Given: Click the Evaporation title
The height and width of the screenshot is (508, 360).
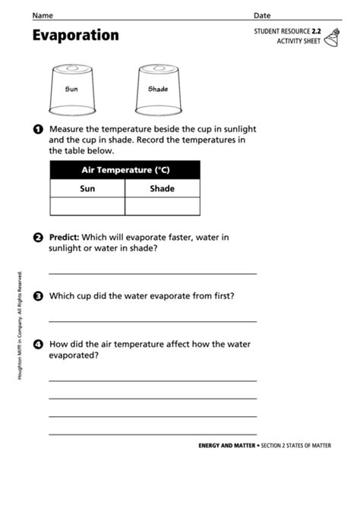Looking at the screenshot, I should click(x=75, y=36).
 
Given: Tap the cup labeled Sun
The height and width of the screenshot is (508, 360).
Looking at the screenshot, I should click(x=71, y=88).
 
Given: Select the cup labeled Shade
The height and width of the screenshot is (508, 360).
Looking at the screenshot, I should click(x=157, y=88).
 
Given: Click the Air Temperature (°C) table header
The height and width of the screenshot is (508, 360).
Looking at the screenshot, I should click(x=125, y=170).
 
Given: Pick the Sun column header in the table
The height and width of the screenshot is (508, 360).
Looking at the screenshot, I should click(x=87, y=188).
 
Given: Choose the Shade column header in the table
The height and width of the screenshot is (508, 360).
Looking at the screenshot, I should click(x=162, y=188).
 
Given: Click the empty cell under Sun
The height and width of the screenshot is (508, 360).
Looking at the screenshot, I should click(x=87, y=206).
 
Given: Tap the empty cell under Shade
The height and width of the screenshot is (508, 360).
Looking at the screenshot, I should click(x=162, y=206).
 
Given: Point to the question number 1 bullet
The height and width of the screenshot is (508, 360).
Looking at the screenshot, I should click(x=38, y=129).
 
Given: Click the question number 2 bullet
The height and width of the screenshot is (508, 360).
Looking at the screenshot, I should click(x=38, y=238).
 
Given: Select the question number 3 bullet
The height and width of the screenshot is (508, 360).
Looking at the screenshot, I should click(x=38, y=296).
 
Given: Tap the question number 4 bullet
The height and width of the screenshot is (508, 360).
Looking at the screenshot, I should click(x=38, y=344).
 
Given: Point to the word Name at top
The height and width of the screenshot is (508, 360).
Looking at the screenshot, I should click(x=43, y=15).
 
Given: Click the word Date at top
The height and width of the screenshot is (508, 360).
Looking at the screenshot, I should click(x=262, y=15).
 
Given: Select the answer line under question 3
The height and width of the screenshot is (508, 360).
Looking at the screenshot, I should click(x=153, y=321).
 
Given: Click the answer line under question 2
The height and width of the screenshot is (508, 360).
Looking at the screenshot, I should click(x=153, y=273).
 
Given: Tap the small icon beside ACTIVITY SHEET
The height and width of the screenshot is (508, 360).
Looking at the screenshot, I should click(x=332, y=37).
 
